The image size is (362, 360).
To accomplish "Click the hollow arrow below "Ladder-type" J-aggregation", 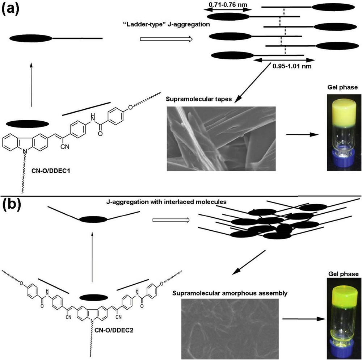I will (165, 39).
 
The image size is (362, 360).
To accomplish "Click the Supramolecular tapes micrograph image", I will (221, 138).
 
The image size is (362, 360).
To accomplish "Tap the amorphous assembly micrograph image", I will (230, 329).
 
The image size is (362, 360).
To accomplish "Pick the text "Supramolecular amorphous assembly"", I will (230, 293).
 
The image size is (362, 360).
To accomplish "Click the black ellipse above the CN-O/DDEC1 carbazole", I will (28, 124).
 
